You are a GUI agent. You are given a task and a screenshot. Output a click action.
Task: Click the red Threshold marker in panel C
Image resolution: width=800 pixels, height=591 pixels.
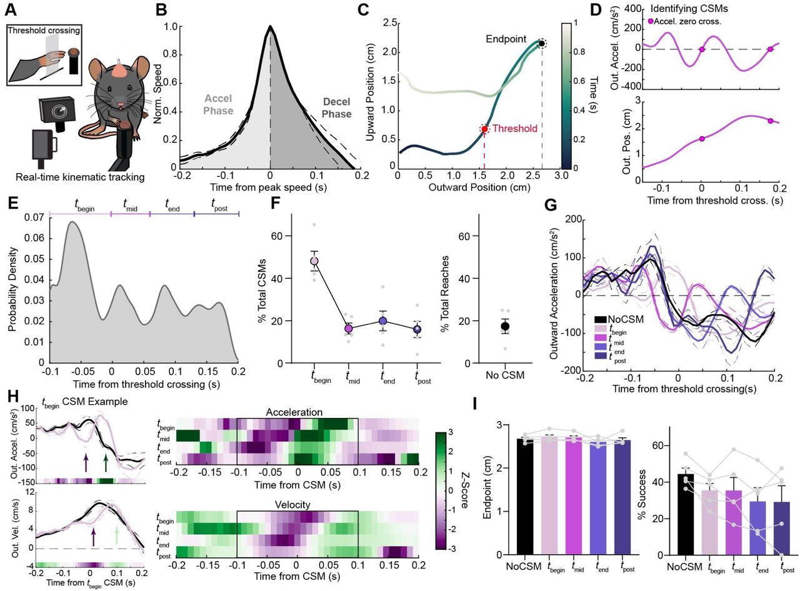point(484,129)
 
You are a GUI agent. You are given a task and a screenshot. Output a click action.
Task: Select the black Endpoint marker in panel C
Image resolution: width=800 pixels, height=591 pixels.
point(542,43)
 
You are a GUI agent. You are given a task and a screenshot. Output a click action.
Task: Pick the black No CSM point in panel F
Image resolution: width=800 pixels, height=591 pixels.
point(505,326)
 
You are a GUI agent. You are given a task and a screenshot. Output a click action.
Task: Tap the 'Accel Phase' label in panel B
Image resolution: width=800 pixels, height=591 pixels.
point(217,107)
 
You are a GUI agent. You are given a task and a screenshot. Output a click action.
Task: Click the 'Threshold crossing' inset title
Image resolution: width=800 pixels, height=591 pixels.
point(44,30)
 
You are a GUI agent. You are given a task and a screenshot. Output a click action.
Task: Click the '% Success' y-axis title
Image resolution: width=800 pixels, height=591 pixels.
point(655,491)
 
